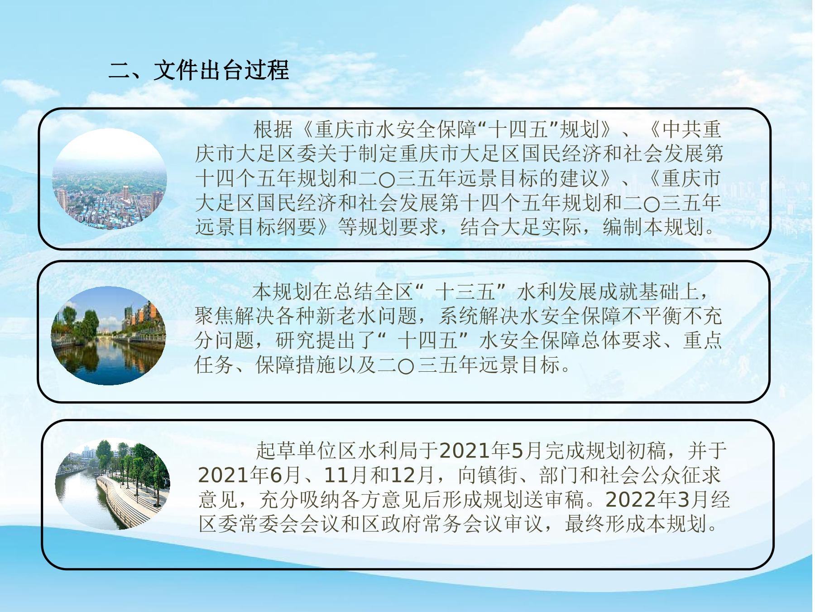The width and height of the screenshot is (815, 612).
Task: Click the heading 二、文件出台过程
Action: pos(199,70)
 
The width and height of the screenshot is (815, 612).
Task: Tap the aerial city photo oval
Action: pos(110,179)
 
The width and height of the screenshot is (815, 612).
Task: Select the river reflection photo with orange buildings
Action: pos(108,336)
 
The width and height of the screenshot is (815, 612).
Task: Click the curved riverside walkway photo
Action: pos(112,484)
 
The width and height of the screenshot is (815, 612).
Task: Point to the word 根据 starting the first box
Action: pos(273,129)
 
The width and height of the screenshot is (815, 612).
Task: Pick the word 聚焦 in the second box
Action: pos(215,316)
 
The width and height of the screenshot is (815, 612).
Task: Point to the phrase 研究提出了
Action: pos(326,340)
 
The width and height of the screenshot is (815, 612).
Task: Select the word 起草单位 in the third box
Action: pos(297,450)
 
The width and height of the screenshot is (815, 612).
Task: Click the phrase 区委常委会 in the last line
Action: pos(249,524)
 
